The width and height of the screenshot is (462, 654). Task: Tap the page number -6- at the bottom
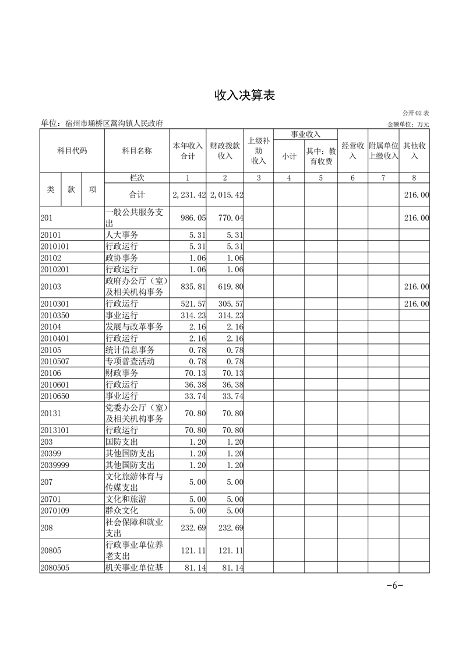click(x=395, y=586)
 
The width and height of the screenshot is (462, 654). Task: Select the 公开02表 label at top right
click(x=415, y=112)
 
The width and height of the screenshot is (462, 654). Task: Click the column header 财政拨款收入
click(x=225, y=150)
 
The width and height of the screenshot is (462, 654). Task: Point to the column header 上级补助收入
click(x=258, y=150)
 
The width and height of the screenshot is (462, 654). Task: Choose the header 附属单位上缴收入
click(x=383, y=150)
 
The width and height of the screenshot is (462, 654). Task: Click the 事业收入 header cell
click(x=305, y=135)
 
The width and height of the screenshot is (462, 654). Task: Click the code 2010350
click(x=55, y=315)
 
